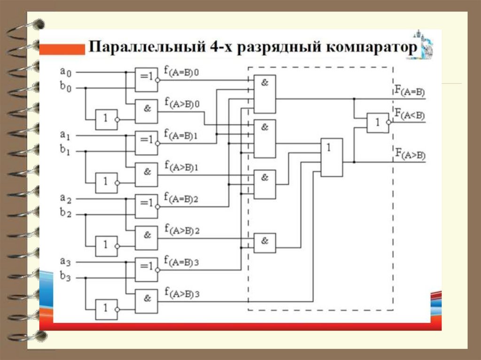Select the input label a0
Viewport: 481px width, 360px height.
[66, 72]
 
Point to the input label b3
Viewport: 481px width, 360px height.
[66, 277]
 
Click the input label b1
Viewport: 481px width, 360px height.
[66, 151]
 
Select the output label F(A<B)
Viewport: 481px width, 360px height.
[410, 114]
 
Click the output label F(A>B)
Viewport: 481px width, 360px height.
[410, 153]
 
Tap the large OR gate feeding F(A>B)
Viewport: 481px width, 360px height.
[332, 157]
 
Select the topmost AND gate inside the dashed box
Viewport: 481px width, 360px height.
[264, 94]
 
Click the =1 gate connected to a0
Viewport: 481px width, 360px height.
[146, 79]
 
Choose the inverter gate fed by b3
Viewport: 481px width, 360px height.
[106, 309]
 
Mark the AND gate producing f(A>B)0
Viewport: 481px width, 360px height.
[146, 111]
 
